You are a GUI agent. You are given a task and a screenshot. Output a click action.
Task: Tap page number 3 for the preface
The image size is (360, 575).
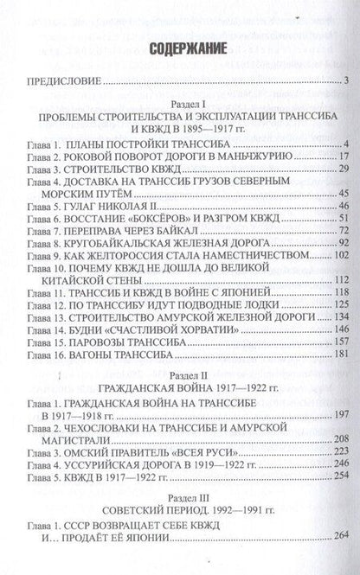[344, 82]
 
